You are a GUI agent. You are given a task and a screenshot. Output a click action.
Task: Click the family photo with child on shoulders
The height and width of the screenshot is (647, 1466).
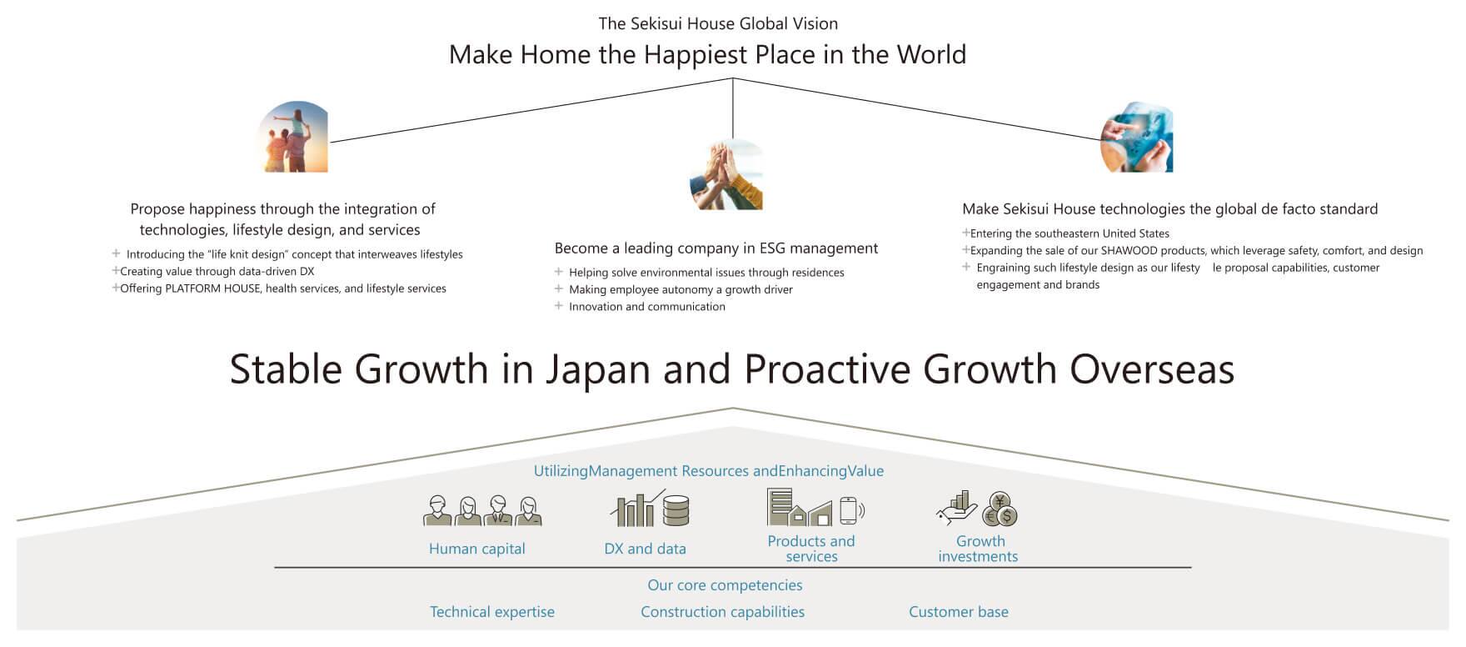click(x=293, y=138)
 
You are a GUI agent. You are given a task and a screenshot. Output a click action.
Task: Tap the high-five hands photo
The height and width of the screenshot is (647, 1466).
click(x=726, y=174)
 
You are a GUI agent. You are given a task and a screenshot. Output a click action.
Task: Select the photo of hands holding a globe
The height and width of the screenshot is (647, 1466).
click(x=1136, y=138)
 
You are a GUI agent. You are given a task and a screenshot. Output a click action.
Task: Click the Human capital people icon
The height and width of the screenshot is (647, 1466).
click(x=482, y=510)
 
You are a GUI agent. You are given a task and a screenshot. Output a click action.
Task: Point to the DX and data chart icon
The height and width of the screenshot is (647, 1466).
click(x=650, y=509)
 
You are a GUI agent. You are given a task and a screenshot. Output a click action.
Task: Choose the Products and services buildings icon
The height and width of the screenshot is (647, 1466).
click(x=815, y=507)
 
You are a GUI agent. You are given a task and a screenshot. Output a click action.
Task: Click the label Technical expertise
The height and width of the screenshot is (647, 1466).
click(x=492, y=612)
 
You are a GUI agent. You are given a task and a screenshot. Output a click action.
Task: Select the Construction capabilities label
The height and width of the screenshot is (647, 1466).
click(x=722, y=612)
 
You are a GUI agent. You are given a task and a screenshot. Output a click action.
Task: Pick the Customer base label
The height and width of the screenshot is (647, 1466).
click(x=959, y=612)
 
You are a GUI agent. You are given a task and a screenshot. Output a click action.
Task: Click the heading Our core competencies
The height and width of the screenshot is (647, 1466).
click(x=725, y=585)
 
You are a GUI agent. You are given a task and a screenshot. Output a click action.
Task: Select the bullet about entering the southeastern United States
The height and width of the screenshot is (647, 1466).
click(x=1065, y=233)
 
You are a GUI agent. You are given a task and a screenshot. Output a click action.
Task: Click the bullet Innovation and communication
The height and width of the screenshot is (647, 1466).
click(x=640, y=307)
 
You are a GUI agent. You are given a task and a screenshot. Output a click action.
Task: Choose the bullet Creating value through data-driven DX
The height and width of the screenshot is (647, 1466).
click(x=212, y=271)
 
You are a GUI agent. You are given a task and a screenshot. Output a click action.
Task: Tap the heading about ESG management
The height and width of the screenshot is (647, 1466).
click(x=716, y=248)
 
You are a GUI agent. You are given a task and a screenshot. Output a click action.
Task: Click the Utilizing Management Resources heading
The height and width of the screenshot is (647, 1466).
click(x=709, y=471)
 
